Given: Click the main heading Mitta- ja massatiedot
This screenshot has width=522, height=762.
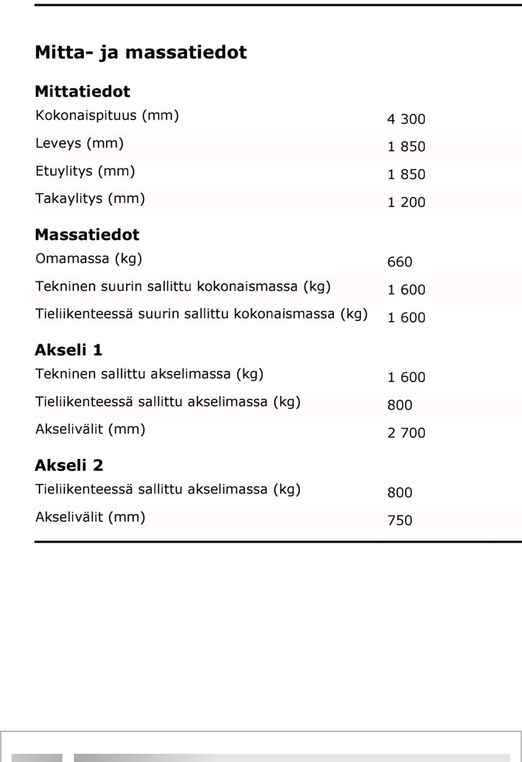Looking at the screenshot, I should tap(140, 53).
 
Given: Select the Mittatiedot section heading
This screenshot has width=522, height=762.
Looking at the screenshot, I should tap(83, 91).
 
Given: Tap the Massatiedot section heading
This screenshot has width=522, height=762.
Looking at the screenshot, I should tap(87, 235).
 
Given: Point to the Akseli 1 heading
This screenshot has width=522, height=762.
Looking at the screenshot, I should tap(69, 350).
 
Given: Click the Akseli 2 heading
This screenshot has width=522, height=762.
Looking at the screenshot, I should tap(69, 466).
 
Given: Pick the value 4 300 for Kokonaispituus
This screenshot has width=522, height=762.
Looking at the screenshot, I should tap(406, 119).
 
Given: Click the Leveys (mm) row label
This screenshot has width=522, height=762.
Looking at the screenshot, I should tap(79, 144).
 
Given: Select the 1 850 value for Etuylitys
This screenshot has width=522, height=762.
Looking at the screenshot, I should tap(406, 175).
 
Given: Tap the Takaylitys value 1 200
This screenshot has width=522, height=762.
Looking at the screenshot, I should tap(406, 202).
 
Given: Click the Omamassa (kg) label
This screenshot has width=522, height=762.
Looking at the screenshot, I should tap(89, 259).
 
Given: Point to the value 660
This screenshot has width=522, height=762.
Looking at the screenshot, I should tap(399, 262).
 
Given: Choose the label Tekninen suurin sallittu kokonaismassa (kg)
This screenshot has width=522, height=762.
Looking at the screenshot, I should tap(183, 287).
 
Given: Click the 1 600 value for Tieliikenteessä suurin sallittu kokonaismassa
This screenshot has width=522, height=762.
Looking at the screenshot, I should tap(406, 318).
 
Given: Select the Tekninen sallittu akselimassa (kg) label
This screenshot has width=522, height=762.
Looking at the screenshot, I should tap(149, 374).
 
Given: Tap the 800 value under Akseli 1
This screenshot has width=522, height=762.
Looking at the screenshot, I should tap(399, 405).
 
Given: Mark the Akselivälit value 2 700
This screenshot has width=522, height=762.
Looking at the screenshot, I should tap(406, 433).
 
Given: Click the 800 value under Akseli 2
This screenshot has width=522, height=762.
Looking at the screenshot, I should tap(399, 493).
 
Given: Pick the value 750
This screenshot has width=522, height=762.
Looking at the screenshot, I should tap(399, 521).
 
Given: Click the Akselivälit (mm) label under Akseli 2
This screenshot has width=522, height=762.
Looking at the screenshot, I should tap(90, 517).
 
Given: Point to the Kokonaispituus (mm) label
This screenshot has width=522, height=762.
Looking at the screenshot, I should tap(107, 116).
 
